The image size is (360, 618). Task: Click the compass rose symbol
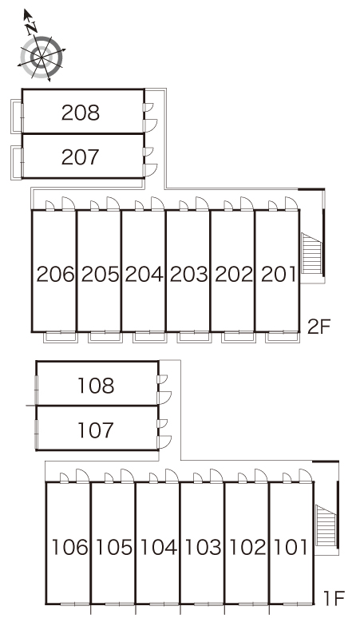point(41,57)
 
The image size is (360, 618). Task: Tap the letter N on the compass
point(31,28)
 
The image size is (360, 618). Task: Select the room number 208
point(81,113)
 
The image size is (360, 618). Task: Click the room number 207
point(81,156)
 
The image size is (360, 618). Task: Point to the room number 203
point(188,274)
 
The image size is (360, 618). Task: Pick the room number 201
point(278,274)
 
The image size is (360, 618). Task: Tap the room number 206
point(55,274)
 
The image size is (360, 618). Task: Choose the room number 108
point(96,386)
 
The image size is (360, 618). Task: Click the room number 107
point(96,430)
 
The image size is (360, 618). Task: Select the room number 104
point(158,547)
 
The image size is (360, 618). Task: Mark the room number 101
point(291,547)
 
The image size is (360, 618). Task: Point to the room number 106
point(69,547)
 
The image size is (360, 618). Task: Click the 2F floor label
point(318,327)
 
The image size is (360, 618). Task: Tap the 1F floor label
point(334,598)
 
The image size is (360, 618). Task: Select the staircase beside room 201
point(311,252)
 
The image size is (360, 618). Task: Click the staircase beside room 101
point(326,525)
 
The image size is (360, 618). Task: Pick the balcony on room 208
point(17,117)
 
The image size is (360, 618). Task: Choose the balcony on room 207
point(17,163)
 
